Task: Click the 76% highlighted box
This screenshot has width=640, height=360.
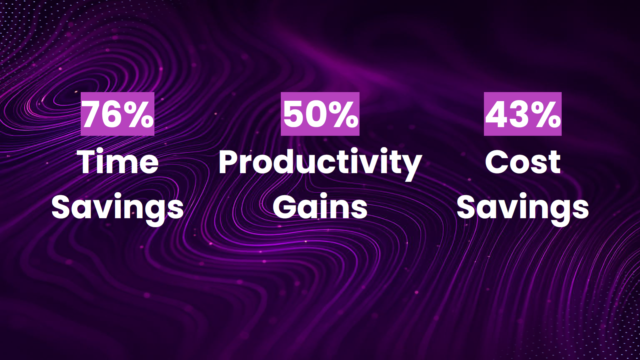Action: tap(117, 114)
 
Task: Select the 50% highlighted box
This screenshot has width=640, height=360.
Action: tap(320, 114)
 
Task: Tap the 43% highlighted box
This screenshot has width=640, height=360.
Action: tap(523, 114)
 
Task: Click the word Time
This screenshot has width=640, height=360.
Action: tap(117, 162)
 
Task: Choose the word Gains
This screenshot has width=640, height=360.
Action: tap(320, 207)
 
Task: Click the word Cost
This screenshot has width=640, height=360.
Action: tap(523, 162)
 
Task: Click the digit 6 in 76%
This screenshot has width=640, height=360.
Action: tap(112, 114)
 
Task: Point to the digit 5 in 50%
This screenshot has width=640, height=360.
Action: tap(294, 114)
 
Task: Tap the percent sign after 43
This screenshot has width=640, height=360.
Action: tap(546, 114)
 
